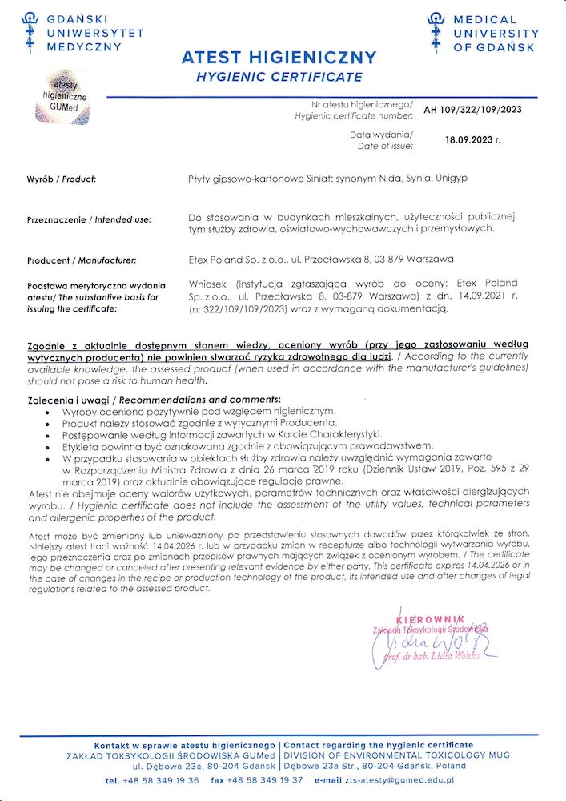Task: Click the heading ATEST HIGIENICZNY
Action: (x=279, y=58)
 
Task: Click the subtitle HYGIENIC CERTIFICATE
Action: (x=279, y=78)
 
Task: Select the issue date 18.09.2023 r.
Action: (x=472, y=139)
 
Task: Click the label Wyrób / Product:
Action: (x=61, y=179)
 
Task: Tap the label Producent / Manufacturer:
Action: (x=82, y=260)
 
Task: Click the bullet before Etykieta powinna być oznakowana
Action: (x=50, y=446)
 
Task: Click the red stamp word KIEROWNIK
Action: (x=431, y=618)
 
